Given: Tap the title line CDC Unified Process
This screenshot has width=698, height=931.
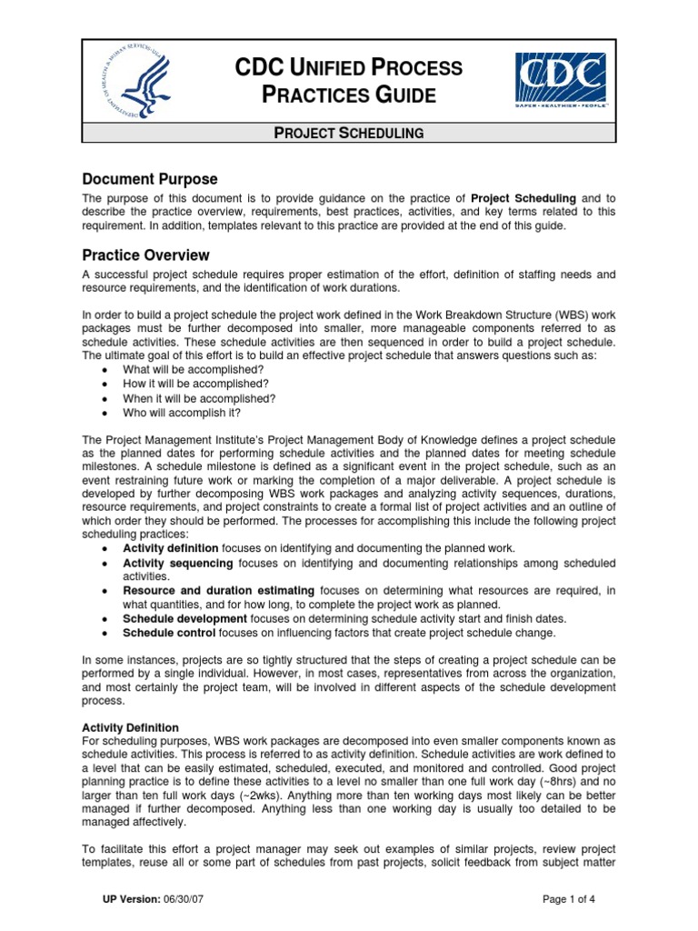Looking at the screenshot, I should [x=349, y=67].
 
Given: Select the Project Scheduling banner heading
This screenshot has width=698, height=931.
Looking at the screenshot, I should [x=349, y=133].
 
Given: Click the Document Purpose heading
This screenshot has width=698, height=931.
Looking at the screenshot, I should [x=150, y=178].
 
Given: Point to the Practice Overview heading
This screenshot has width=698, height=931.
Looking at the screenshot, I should [x=146, y=255].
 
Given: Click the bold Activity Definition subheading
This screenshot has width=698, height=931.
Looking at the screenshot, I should [x=130, y=728].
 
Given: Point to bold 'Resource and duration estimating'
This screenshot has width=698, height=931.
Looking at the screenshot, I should [x=218, y=590].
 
